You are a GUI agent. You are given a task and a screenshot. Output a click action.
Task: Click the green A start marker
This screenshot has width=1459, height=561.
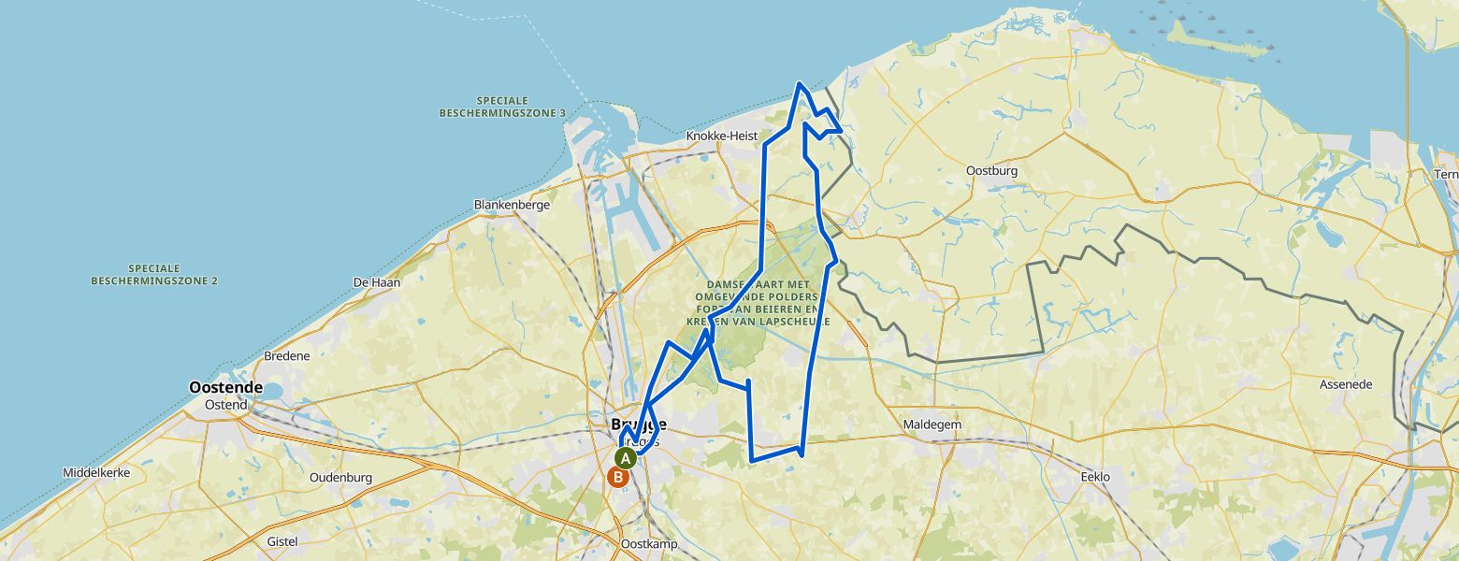click(x=625, y=458)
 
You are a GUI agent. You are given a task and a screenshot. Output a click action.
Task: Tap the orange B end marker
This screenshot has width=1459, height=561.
click(x=617, y=477)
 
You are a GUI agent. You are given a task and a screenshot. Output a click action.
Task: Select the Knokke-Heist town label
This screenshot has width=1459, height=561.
click(x=721, y=136)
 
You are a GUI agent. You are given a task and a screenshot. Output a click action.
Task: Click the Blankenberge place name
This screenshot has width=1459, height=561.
click(x=512, y=204)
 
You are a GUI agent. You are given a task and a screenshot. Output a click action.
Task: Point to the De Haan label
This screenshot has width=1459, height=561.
click(x=376, y=282)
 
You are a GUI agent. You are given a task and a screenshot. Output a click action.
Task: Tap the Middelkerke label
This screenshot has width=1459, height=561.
click(x=96, y=473)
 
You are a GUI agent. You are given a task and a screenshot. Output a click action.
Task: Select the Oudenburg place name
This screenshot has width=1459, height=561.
click(x=340, y=478)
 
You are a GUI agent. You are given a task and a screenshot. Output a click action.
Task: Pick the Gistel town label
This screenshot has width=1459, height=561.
click(x=282, y=541)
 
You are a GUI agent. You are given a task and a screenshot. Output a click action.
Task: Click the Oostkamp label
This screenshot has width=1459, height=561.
click(x=648, y=544)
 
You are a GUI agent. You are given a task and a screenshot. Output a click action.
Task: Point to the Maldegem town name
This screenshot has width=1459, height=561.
click(x=932, y=425)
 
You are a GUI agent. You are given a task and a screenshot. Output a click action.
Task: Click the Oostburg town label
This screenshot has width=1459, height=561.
click(x=991, y=171)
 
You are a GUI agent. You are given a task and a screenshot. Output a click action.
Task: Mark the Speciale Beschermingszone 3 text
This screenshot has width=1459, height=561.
click(x=502, y=107)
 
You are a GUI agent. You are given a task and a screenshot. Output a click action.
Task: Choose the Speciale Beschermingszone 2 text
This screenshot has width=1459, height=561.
click(x=154, y=274)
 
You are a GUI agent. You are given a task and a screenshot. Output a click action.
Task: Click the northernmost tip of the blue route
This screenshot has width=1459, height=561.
click(x=799, y=84)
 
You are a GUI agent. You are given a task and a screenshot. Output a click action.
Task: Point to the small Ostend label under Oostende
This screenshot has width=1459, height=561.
click(x=226, y=405)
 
